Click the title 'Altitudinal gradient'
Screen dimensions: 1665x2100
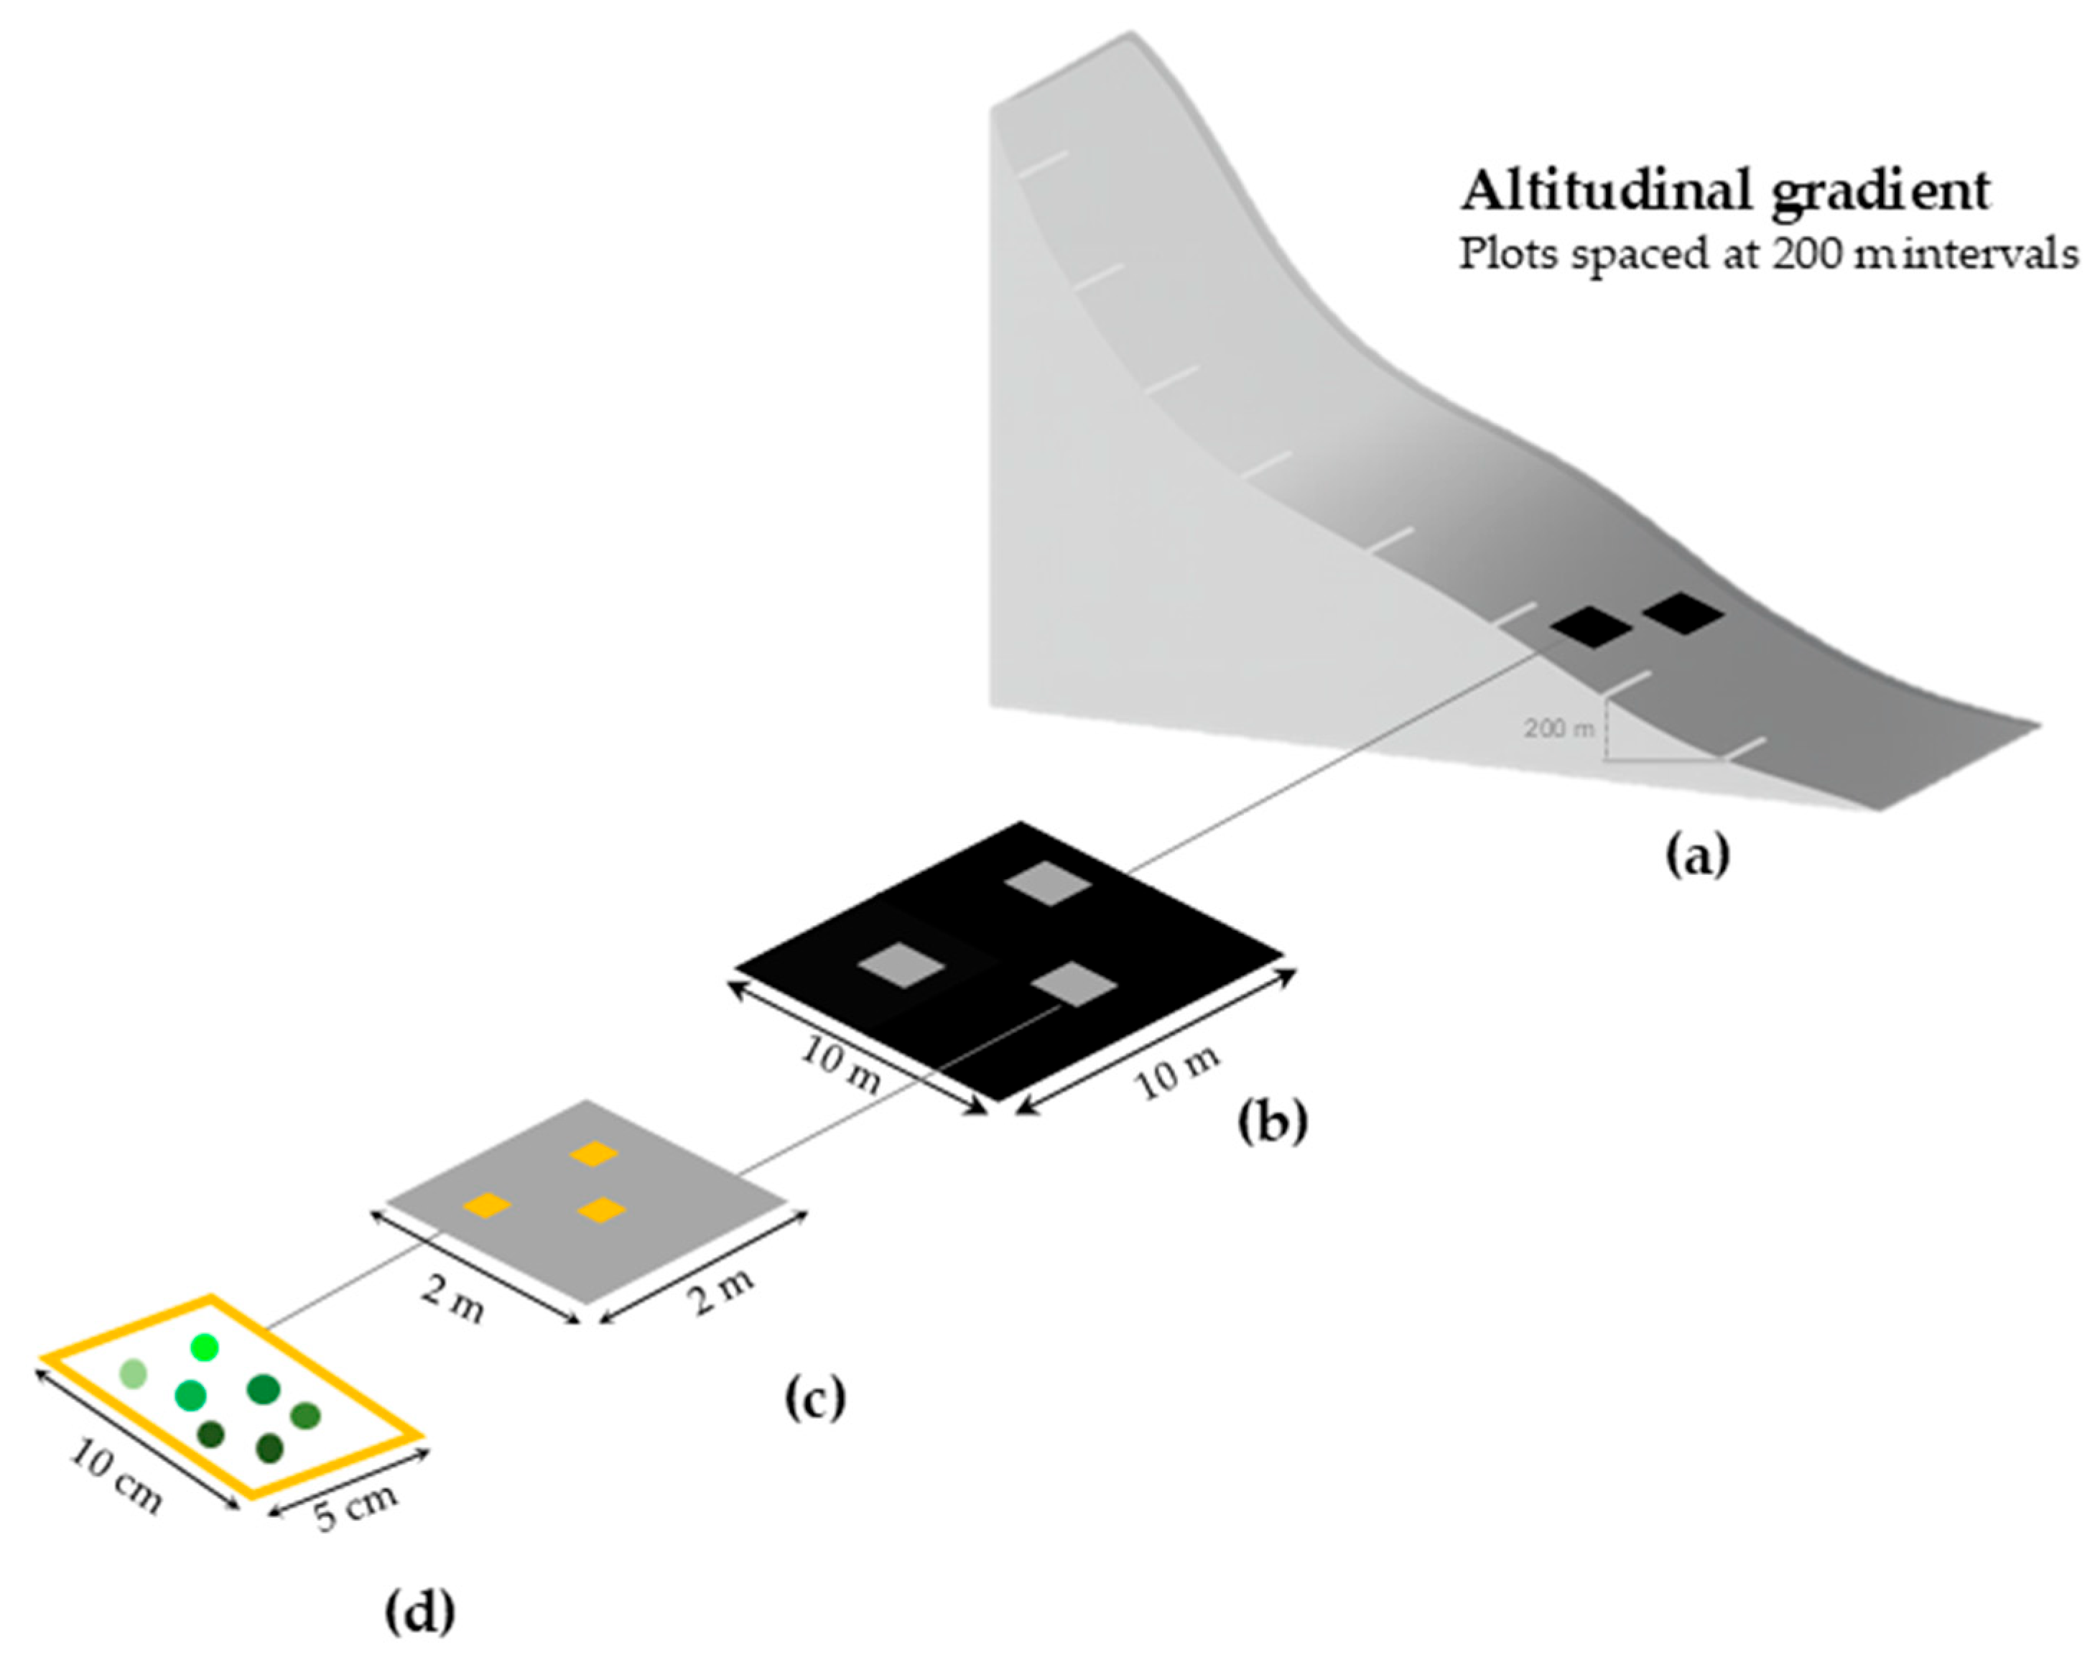tap(1724, 190)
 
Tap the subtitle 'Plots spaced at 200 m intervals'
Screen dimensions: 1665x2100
tap(1767, 255)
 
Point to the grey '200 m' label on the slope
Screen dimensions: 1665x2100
tap(1558, 728)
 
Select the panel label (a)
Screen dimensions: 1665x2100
tap(1697, 855)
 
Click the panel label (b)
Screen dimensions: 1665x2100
tap(1272, 1121)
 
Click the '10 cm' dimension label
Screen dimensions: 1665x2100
tap(115, 1477)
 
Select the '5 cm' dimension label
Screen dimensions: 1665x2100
tap(356, 1506)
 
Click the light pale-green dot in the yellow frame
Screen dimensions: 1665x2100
tap(134, 1373)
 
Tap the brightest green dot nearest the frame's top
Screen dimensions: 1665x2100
tap(205, 1348)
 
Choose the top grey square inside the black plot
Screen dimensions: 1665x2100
tap(1048, 883)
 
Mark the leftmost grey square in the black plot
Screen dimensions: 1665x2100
tap(901, 965)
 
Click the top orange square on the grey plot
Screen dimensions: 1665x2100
tap(594, 1154)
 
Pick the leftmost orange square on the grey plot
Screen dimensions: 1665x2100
tap(487, 1206)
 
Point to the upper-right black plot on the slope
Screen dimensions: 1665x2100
tap(1683, 613)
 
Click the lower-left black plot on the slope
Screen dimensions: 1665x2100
tap(1592, 626)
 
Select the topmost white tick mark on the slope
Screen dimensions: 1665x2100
tap(1042, 164)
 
